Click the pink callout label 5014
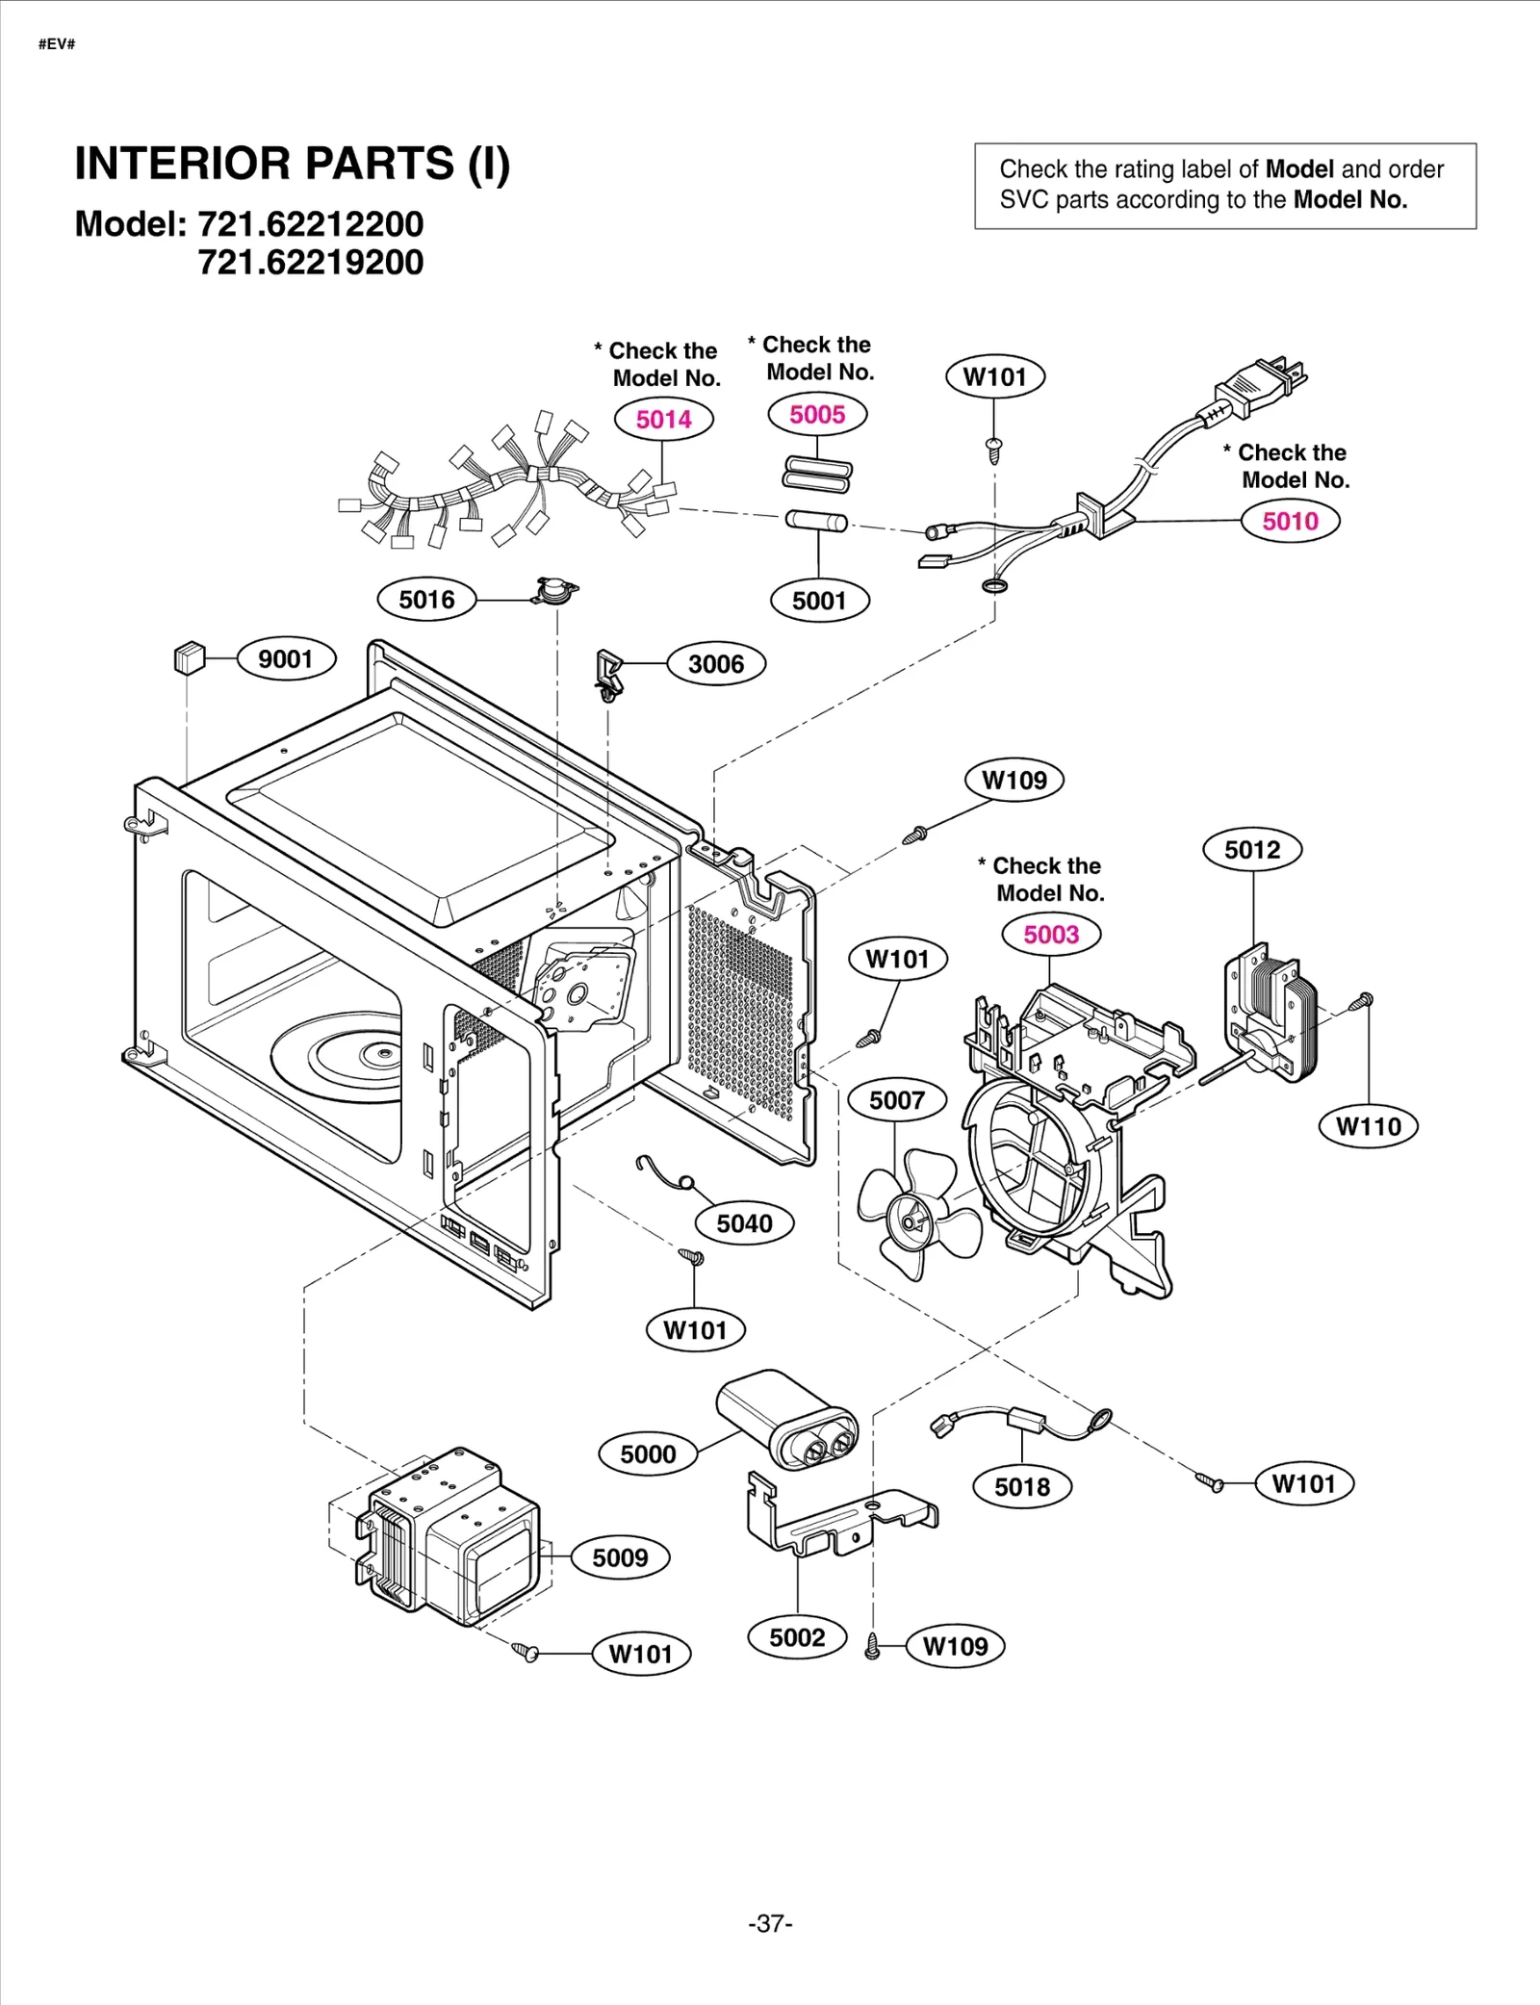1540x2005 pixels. tap(663, 420)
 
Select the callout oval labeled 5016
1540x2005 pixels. tap(426, 600)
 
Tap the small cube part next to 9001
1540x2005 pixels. tap(189, 658)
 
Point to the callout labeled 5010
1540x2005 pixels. tap(1290, 522)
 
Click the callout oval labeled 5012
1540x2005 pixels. tap(1251, 850)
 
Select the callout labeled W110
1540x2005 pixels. tap(1368, 1126)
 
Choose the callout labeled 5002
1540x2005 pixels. tap(796, 1637)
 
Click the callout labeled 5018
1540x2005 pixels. tap(1021, 1487)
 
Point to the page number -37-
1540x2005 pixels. tap(770, 1923)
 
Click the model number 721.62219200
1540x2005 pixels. tap(310, 262)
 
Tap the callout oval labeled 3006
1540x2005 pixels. tap(715, 664)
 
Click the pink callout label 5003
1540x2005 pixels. tap(1050, 935)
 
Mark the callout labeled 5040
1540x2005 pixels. tap(744, 1223)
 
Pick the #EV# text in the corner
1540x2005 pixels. tap(57, 44)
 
